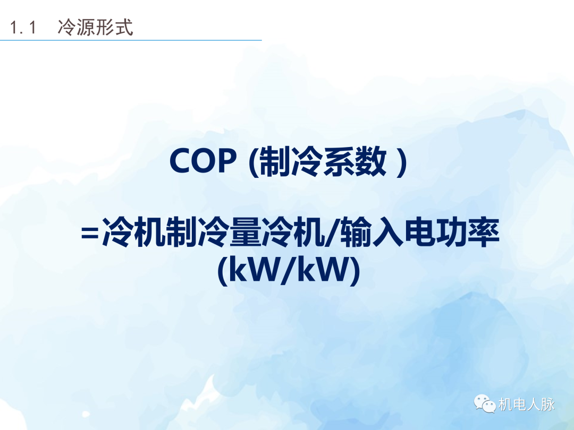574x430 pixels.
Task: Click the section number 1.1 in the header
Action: (23, 28)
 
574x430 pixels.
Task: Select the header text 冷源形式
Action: (95, 28)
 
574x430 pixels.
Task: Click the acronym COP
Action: (202, 162)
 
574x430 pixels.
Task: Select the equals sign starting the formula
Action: (89, 235)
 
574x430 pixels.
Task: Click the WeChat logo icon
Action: (485, 404)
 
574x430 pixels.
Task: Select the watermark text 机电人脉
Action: (527, 405)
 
